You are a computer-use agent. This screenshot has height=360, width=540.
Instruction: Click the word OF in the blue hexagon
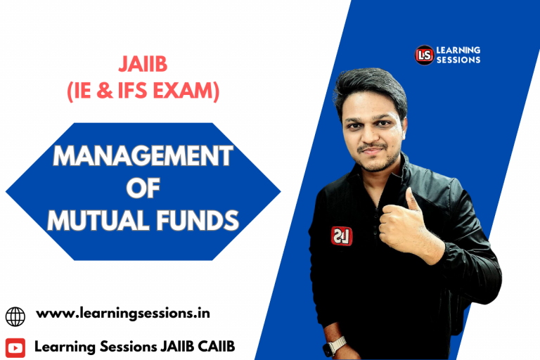143,189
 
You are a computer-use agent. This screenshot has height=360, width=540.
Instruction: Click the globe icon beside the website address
15,316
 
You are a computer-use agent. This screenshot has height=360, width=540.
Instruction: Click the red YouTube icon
15,347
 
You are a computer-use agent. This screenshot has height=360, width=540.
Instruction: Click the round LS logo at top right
424,55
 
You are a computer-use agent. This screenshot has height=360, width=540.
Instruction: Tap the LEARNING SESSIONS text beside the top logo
458,55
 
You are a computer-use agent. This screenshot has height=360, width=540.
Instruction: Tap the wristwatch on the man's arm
335,345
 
